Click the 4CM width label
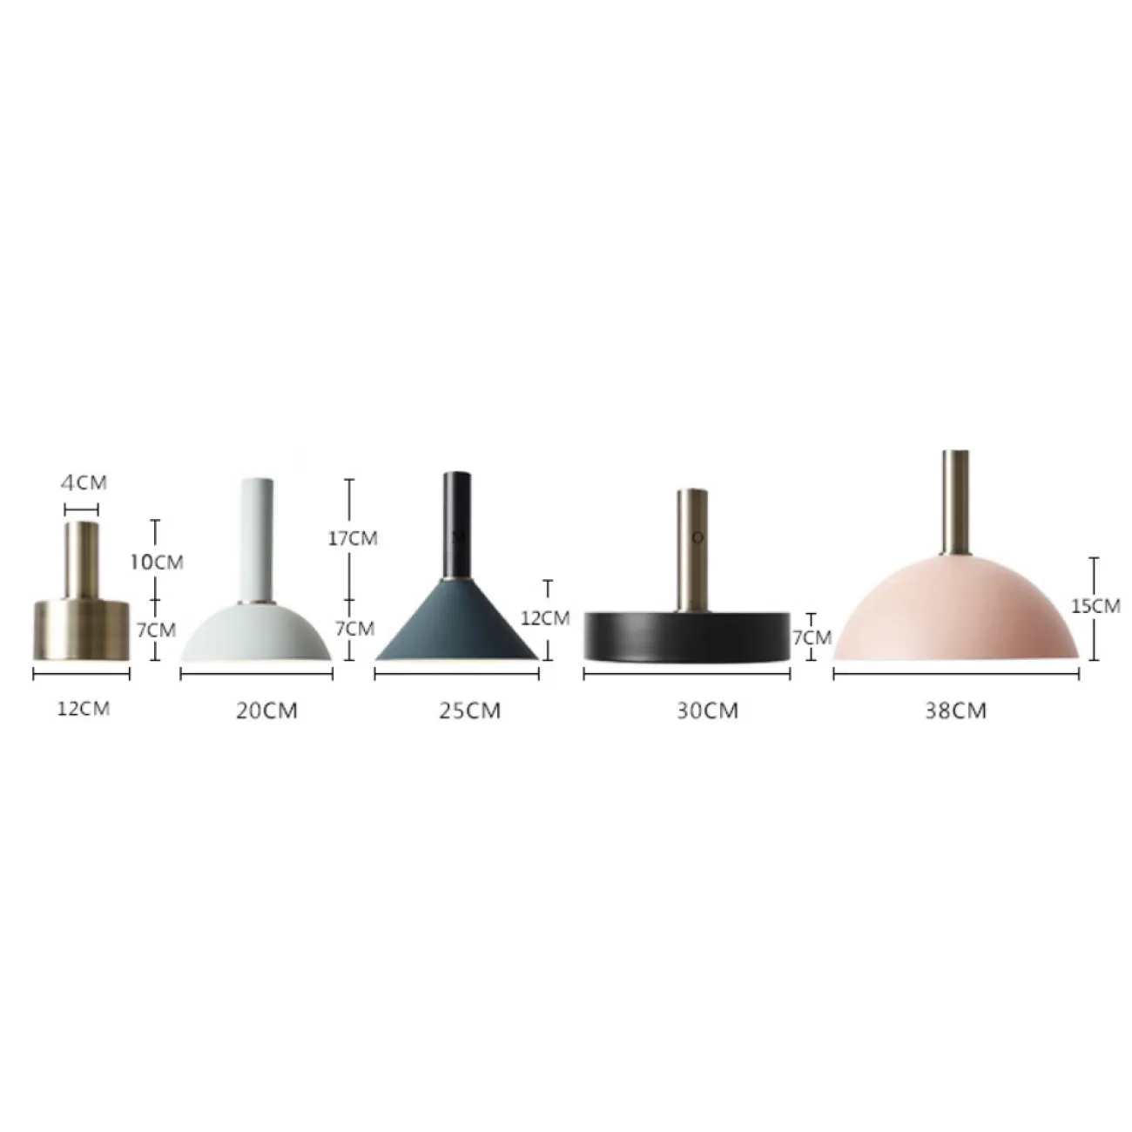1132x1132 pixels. tap(84, 482)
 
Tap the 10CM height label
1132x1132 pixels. tap(158, 562)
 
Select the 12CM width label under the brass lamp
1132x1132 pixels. tap(84, 708)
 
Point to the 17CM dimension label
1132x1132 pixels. tap(353, 538)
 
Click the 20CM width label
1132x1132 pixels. tap(266, 711)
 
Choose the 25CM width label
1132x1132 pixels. tap(470, 711)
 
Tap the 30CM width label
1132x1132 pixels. tap(707, 711)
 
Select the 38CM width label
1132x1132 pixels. tap(956, 711)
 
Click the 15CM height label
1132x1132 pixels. tap(1095, 605)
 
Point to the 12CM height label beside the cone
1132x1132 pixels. tap(545, 617)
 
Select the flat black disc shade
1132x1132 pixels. tap(686, 637)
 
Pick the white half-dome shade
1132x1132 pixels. tap(256, 631)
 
